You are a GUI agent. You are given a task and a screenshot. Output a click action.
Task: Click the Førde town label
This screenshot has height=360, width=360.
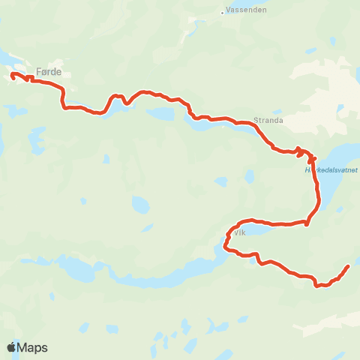pyautogui.click(x=48, y=72)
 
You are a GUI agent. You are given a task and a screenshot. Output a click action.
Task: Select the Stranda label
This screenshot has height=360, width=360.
pyautogui.click(x=268, y=118)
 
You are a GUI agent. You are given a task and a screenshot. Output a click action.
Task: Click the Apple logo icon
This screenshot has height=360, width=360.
pyautogui.click(x=11, y=347)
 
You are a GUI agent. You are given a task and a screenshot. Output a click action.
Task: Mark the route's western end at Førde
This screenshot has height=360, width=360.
pyautogui.click(x=13, y=73)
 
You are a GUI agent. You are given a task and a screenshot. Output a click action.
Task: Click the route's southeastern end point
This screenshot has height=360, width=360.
pyautogui.click(x=348, y=266)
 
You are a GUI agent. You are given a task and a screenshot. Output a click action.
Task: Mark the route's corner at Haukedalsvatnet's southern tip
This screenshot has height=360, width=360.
pyautogui.click(x=307, y=222)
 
